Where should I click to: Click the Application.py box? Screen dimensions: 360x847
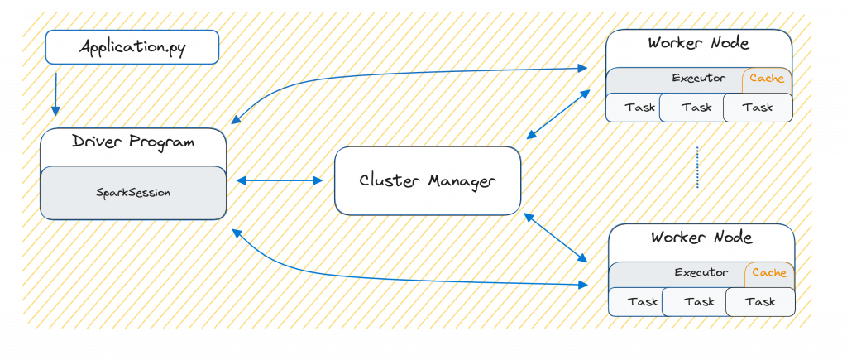click(x=132, y=47)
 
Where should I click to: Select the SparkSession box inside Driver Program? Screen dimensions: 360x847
click(x=133, y=193)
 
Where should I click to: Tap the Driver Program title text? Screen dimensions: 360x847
click(x=133, y=142)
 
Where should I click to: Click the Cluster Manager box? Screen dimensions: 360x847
click(x=428, y=180)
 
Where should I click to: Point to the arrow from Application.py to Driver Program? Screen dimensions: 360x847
click(x=56, y=94)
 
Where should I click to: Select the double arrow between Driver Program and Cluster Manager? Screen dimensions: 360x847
click(x=280, y=180)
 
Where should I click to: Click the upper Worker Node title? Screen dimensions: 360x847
click(x=699, y=44)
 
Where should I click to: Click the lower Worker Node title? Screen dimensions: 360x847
click(x=701, y=238)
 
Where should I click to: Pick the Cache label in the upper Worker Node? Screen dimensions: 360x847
click(x=767, y=79)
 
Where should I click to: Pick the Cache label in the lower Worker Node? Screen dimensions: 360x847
click(x=769, y=272)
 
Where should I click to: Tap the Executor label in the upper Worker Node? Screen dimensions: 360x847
click(x=699, y=79)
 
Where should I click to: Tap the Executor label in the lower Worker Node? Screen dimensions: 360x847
click(x=701, y=272)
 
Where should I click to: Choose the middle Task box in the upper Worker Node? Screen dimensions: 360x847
click(x=696, y=107)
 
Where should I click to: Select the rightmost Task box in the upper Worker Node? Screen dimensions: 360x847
click(x=758, y=107)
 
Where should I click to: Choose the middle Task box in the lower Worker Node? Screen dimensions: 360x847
click(x=699, y=302)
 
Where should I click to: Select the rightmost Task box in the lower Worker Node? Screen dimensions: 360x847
click(x=760, y=302)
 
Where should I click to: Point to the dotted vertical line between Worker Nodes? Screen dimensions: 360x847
click(x=697, y=168)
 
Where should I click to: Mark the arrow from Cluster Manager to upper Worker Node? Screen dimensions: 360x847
click(x=558, y=114)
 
